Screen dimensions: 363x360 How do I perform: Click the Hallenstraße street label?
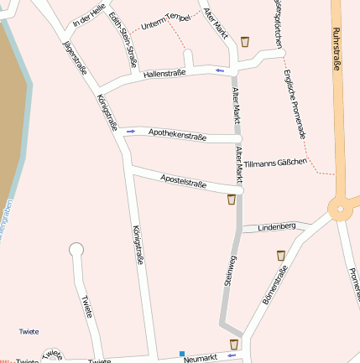(164, 75)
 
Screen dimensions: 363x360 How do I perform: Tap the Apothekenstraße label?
(179, 133)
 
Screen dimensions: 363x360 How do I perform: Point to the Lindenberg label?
(277, 227)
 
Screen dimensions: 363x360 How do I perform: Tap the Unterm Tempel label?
(167, 19)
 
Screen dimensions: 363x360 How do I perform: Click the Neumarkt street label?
(201, 357)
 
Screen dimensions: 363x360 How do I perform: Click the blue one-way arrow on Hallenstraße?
(220, 70)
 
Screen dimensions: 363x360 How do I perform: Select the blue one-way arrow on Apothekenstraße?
(131, 131)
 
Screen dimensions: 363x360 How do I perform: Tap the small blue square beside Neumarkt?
(181, 353)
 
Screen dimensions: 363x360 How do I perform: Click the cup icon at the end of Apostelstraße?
(232, 200)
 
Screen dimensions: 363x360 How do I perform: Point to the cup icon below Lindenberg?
(282, 254)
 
